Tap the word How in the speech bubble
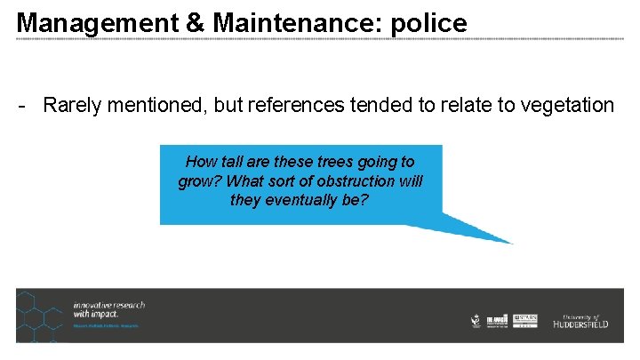coord(200,162)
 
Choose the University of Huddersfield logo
coord(579,322)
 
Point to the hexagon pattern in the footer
coord(40,316)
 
